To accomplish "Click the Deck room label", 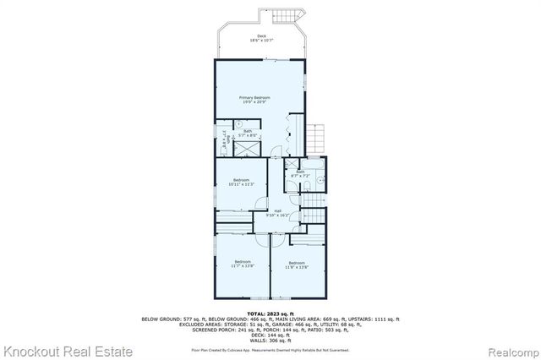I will point(261,35).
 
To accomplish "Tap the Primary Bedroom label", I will point(260,98).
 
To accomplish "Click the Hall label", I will point(277,211).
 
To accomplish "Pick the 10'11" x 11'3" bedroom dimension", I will point(242,184).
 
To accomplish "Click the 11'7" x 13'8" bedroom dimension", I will point(243,266).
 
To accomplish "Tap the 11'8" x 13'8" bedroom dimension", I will point(296,266).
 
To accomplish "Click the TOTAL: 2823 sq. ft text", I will point(270,313).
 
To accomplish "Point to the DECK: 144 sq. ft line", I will point(270,335).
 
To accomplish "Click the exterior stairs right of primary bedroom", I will point(316,139).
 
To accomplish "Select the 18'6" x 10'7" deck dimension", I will point(261,41).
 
